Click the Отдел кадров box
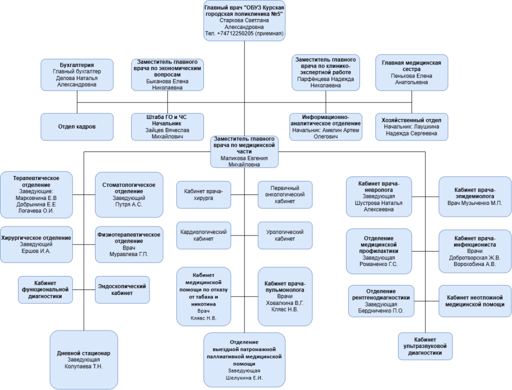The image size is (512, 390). [x=77, y=126]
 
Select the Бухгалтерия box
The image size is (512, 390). [x=77, y=75]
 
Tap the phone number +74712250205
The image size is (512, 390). [x=235, y=33]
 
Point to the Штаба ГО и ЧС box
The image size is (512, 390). [x=167, y=126]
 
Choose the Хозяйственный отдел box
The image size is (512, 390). [x=412, y=126]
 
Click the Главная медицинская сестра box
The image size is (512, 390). [x=412, y=72]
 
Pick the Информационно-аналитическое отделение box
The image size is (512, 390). [x=326, y=126]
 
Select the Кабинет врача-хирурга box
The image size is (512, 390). [x=204, y=194]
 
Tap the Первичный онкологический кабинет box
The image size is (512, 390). [x=285, y=194]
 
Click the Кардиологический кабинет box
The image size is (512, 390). [x=204, y=235]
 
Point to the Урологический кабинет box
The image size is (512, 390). [x=285, y=235]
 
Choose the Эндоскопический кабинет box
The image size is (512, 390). [x=122, y=289]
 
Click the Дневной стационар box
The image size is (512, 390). [x=84, y=359]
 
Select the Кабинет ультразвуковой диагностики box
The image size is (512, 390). [x=425, y=346]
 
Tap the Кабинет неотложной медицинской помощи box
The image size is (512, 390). [x=475, y=301]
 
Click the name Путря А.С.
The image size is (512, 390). [x=128, y=204]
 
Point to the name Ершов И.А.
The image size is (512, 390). [x=36, y=251]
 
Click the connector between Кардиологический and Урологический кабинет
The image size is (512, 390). [x=244, y=235]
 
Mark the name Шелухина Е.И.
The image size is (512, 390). [x=244, y=378]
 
